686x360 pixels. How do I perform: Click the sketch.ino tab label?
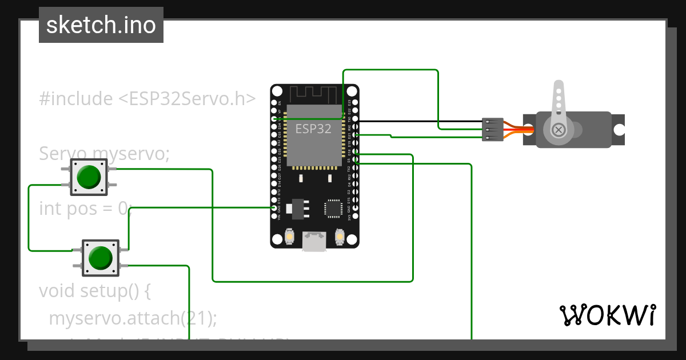[x=101, y=25]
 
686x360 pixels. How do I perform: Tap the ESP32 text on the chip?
[x=313, y=129]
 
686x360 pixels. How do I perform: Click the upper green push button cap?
[x=89, y=176]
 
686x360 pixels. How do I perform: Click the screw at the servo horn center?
[x=559, y=130]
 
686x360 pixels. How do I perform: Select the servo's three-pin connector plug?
[x=492, y=130]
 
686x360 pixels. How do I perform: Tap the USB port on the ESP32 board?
[x=314, y=241]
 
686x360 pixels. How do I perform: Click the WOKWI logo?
[x=607, y=315]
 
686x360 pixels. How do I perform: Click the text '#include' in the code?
[x=76, y=99]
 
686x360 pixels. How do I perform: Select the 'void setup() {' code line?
[x=94, y=290]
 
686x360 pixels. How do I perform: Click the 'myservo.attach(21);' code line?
[x=133, y=318]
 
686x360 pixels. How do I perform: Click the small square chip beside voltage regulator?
[x=333, y=208]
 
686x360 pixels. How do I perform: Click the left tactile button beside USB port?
[x=290, y=237]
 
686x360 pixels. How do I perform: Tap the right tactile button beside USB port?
[x=340, y=237]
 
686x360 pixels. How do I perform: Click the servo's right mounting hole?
[x=619, y=130]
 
